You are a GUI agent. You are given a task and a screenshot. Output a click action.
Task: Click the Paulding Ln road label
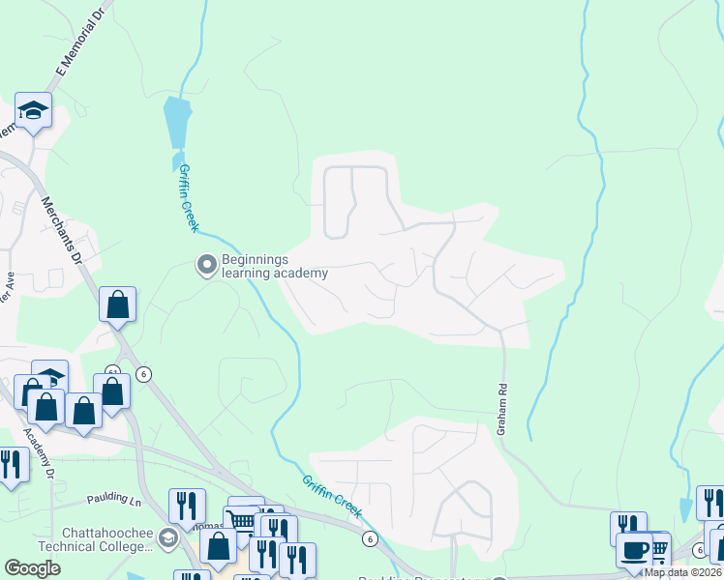114,498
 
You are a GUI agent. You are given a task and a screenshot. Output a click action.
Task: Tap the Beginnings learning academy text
275,266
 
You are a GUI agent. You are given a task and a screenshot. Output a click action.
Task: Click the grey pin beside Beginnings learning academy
205,264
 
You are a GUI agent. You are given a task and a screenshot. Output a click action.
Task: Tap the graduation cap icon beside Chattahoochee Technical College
167,538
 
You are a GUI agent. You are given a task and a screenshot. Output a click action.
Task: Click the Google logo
32,568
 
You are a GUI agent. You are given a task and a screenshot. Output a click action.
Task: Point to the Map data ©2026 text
682,572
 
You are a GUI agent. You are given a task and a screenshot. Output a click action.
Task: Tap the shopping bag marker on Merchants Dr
117,304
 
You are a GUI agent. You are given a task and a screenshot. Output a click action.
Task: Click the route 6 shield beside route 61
144,374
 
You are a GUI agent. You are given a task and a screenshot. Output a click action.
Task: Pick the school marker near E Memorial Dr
34,110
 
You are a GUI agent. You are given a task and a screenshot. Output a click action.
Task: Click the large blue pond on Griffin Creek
177,121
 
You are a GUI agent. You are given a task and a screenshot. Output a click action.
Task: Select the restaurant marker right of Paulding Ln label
186,506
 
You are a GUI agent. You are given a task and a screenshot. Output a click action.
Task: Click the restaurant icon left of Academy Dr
10,464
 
